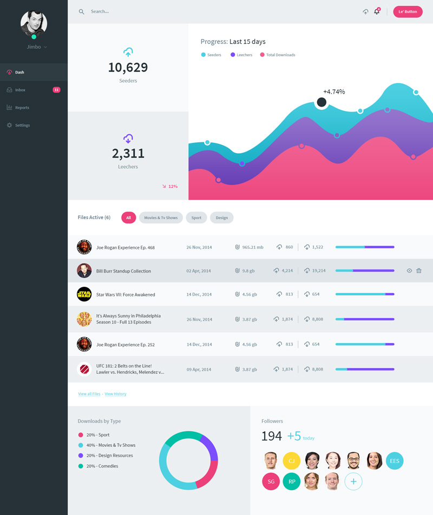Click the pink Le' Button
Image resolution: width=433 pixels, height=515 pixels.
click(408, 11)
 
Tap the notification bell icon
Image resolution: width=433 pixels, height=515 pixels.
click(377, 11)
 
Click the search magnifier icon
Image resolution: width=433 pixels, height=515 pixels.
click(82, 11)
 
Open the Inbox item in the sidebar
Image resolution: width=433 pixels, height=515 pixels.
click(21, 90)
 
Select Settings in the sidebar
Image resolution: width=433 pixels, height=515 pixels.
click(22, 125)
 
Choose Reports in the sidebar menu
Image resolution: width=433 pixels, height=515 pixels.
click(22, 108)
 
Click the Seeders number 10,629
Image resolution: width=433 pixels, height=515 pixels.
click(128, 68)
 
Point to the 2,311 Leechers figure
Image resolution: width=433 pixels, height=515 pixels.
click(128, 154)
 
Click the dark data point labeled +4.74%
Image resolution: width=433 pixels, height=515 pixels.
click(322, 102)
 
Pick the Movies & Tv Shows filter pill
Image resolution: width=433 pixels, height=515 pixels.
click(161, 218)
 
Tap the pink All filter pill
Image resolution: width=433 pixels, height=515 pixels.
click(128, 218)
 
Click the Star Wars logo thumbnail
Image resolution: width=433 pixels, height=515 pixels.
click(84, 294)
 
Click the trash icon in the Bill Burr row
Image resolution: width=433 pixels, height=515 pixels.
click(419, 270)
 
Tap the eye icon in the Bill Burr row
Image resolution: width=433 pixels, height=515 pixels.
click(409, 270)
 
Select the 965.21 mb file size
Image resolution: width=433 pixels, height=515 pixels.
click(252, 247)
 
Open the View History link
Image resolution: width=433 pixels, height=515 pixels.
click(115, 394)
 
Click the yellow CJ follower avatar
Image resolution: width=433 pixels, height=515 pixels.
click(291, 461)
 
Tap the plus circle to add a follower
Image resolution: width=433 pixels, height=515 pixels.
click(353, 481)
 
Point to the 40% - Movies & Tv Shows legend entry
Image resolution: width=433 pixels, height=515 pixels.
click(110, 445)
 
